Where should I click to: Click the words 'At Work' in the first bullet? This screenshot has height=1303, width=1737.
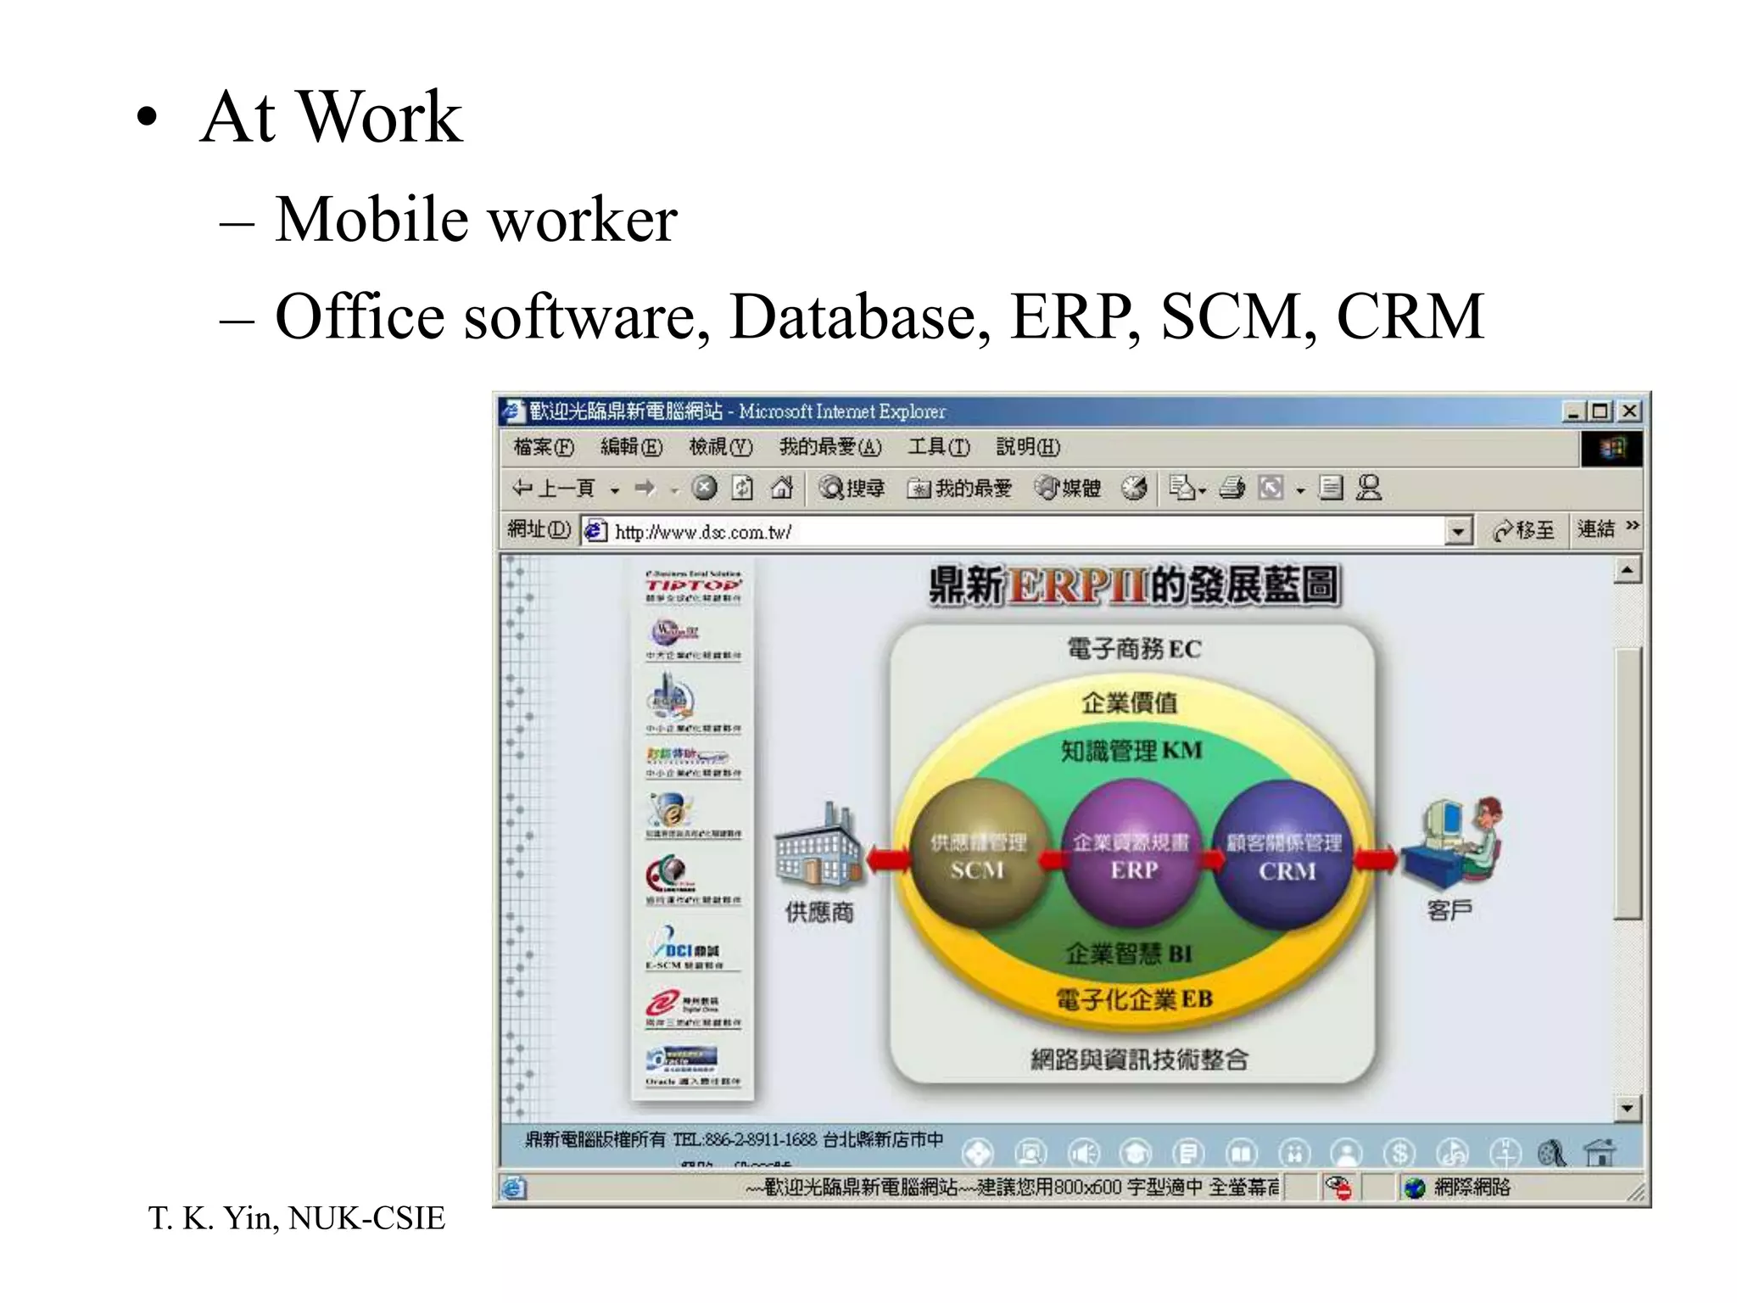331,117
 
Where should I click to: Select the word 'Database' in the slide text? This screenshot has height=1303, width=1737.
859,316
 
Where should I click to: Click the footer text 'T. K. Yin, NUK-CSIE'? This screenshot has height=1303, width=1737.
296,1218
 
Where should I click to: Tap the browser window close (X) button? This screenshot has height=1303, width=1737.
1629,411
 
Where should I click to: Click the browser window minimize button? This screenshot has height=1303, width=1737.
1574,411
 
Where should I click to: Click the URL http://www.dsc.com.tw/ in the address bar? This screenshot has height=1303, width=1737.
703,532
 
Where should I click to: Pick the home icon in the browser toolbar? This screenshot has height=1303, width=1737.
781,488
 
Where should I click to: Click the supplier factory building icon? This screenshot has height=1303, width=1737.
817,847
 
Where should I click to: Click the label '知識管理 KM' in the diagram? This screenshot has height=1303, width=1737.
1131,751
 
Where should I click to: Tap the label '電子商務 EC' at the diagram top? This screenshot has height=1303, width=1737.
1134,649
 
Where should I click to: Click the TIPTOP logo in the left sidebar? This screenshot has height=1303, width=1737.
693,585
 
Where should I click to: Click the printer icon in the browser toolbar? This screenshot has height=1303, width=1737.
1232,488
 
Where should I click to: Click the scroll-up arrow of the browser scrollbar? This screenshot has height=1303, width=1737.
1627,570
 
